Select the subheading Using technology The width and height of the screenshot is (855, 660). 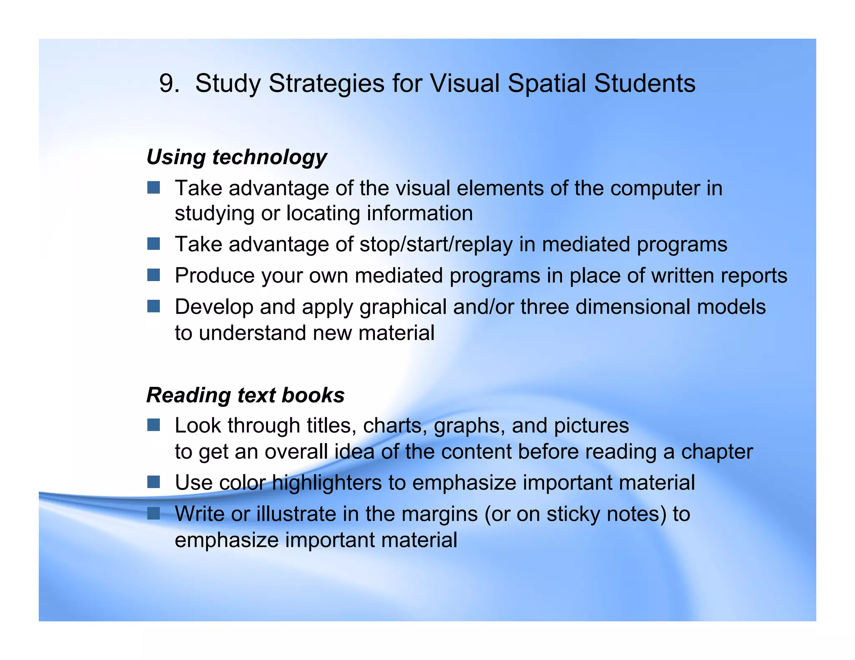(x=237, y=157)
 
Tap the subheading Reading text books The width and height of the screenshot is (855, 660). (x=245, y=395)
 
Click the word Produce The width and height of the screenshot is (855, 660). (x=215, y=275)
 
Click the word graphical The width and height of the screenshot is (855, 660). (x=403, y=307)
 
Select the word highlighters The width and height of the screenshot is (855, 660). (x=327, y=483)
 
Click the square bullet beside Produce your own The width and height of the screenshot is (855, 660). (x=154, y=275)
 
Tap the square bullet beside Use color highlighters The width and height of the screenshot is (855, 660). (x=154, y=482)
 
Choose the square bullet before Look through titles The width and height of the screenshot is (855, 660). (x=154, y=425)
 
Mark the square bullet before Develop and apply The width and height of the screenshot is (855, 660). (x=154, y=306)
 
